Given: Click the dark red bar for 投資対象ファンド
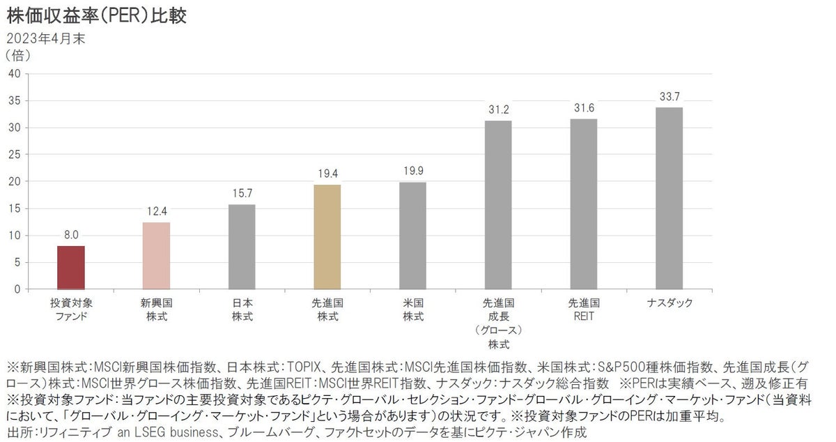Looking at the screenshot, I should point(70,268).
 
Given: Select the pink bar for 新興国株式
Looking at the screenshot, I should point(156,256).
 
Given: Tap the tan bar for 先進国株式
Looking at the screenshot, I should point(327,237).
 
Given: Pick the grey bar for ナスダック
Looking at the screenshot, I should point(669,198).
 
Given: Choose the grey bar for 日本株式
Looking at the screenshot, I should point(242,247).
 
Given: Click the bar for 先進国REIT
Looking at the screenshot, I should point(584,204).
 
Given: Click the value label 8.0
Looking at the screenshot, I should point(70,236).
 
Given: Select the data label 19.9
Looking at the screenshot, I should point(412,172).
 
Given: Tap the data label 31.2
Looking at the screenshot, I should point(498,110).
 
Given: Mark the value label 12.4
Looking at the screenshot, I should point(156,212).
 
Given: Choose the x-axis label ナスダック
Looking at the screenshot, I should point(669,303).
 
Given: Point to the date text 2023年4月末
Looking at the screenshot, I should point(46,39).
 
